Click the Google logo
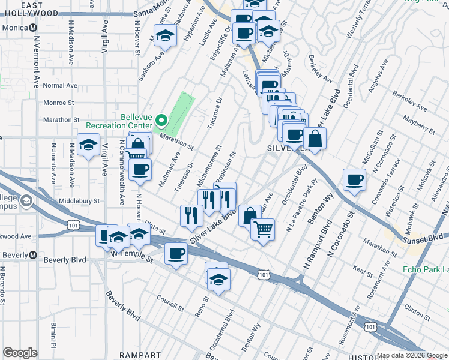click(19, 353)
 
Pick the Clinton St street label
click(414, 311)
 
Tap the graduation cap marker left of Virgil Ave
click(88, 145)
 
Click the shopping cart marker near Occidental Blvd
click(262, 229)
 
